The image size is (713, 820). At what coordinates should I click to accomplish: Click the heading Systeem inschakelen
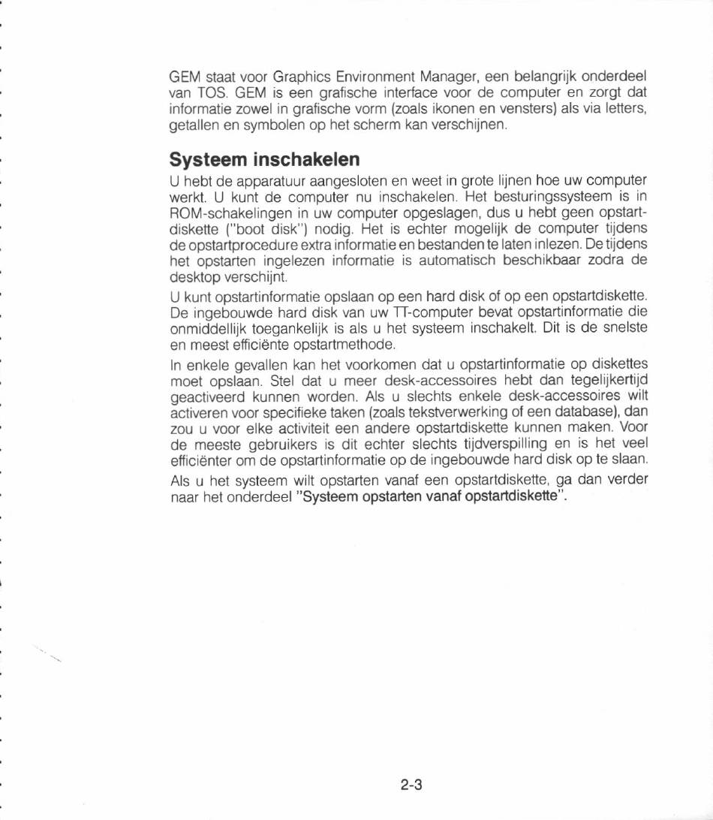coord(265,160)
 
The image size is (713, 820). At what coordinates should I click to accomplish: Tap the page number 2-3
coord(412,785)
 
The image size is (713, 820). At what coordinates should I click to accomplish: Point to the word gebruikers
coord(275,444)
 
